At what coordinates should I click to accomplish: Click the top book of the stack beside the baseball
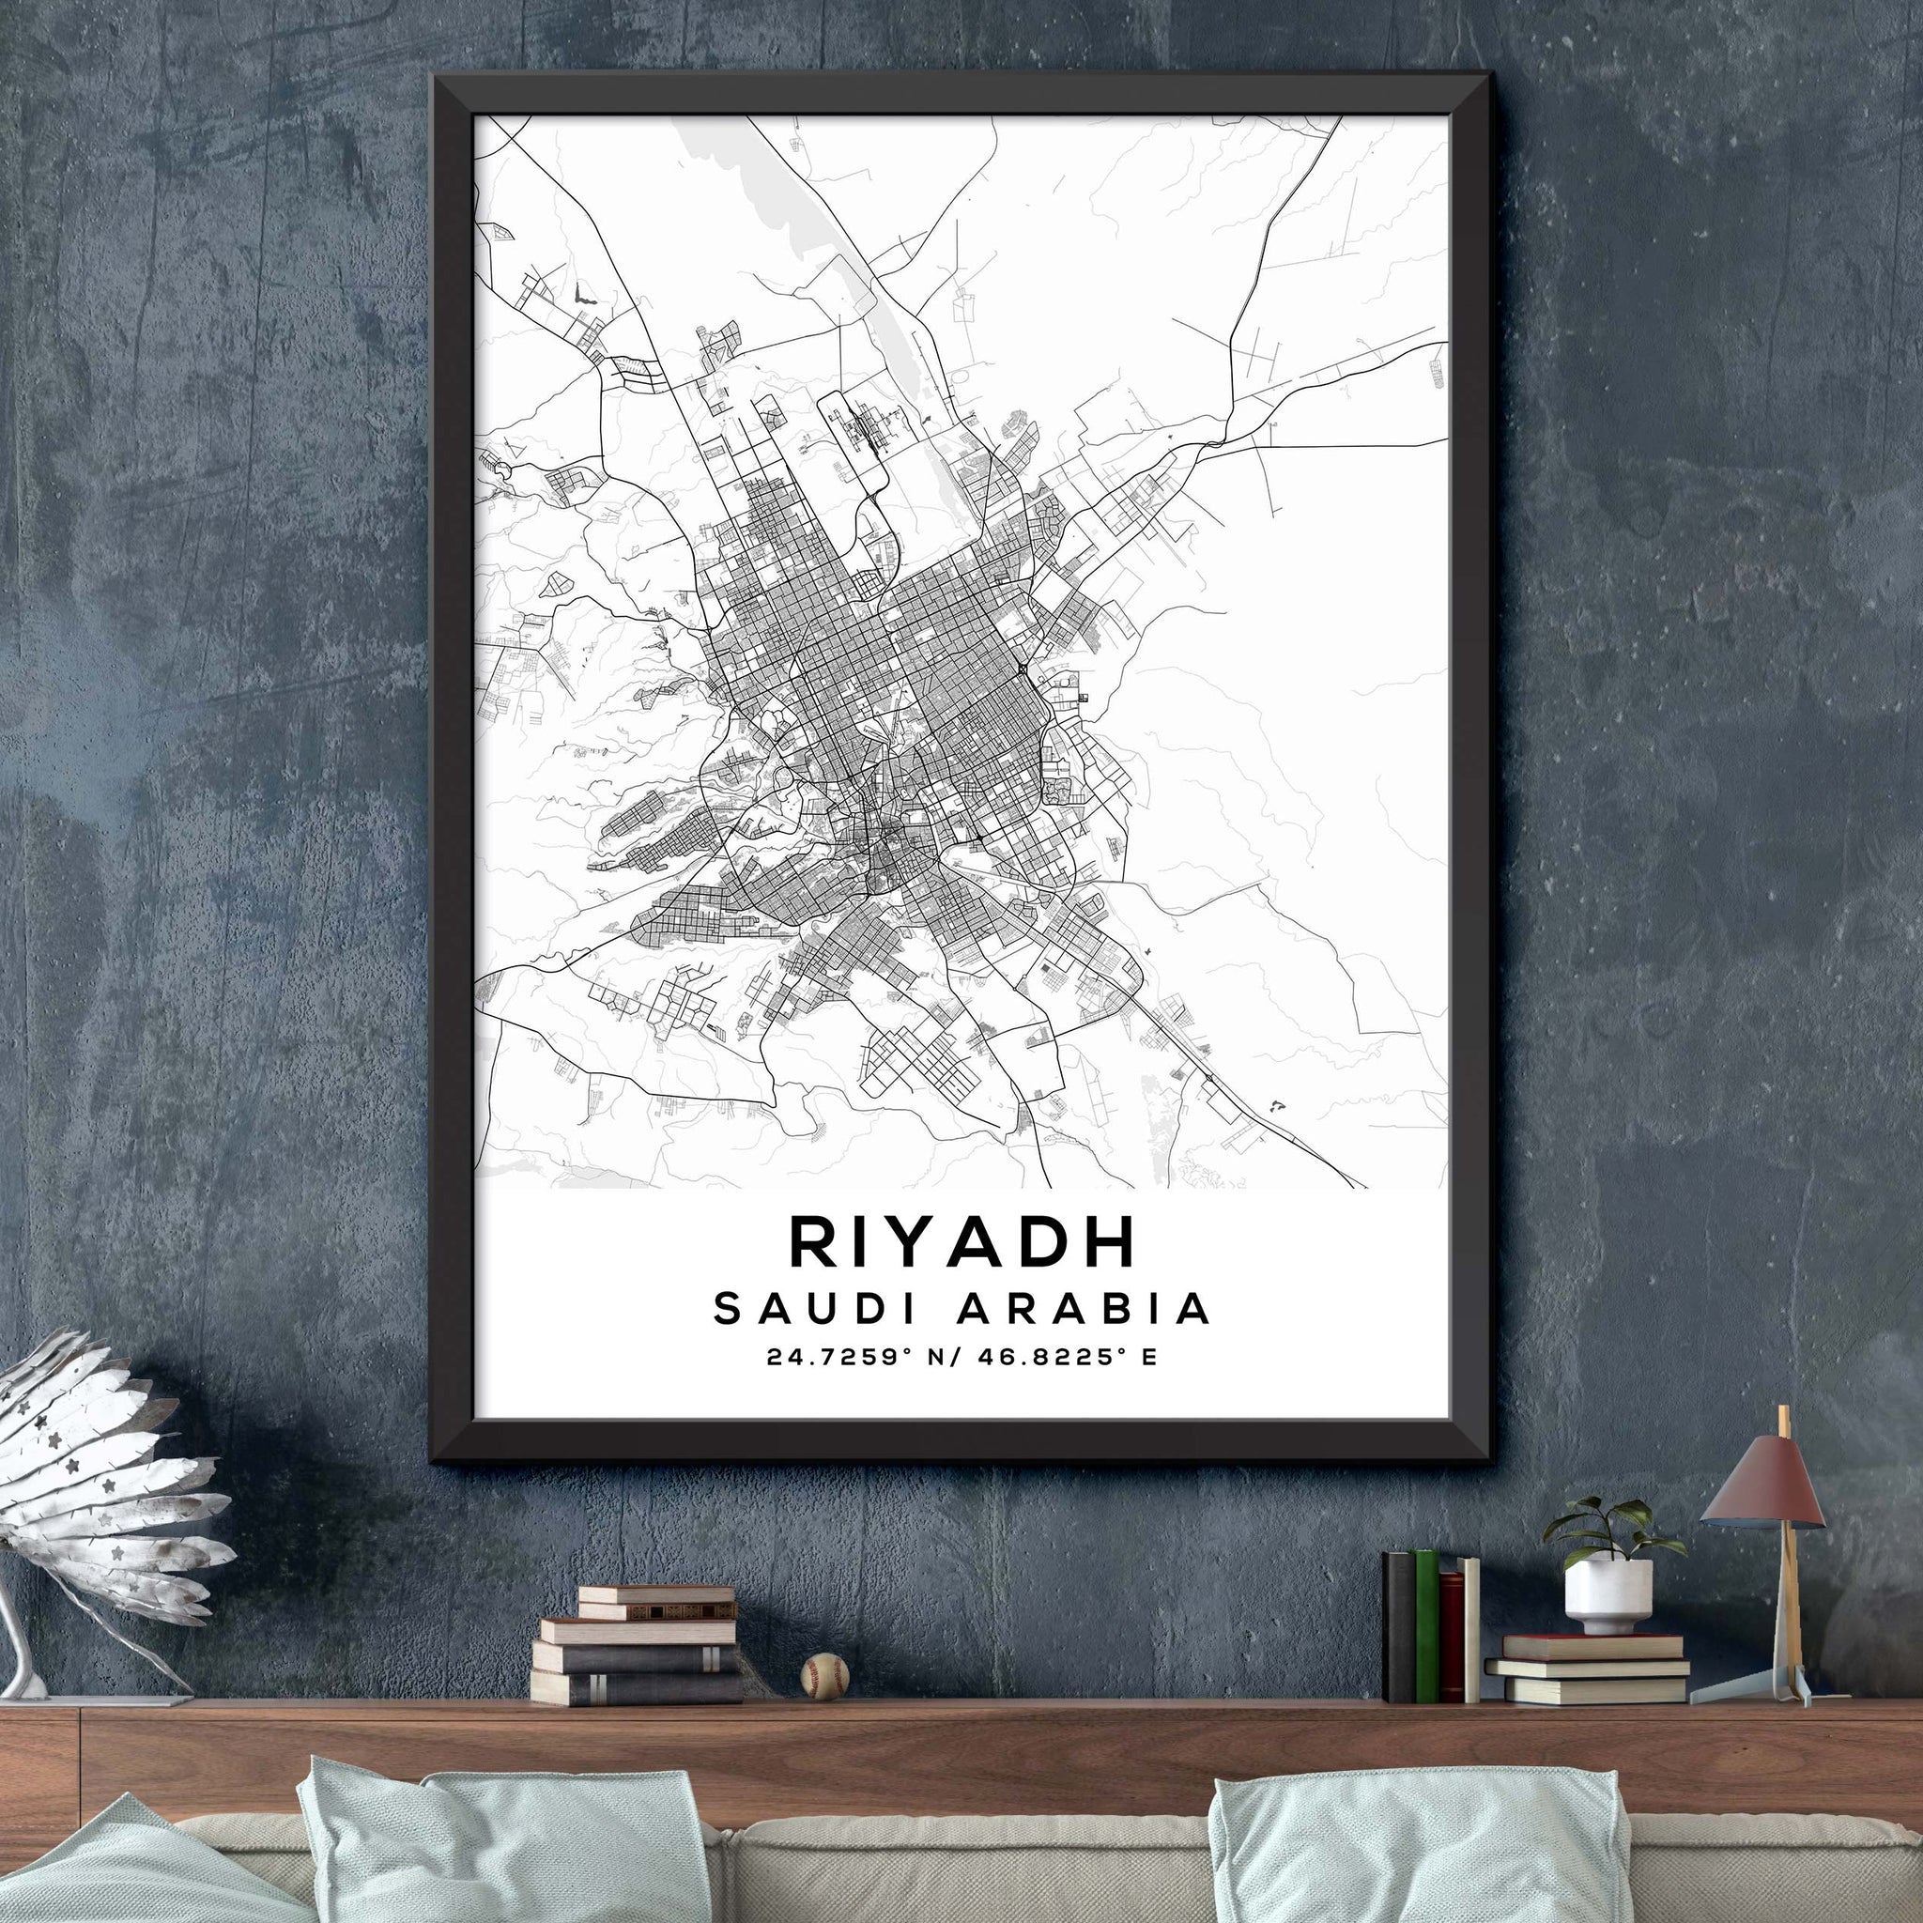(x=656, y=1594)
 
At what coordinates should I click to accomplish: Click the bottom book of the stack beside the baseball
(x=636, y=1688)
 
